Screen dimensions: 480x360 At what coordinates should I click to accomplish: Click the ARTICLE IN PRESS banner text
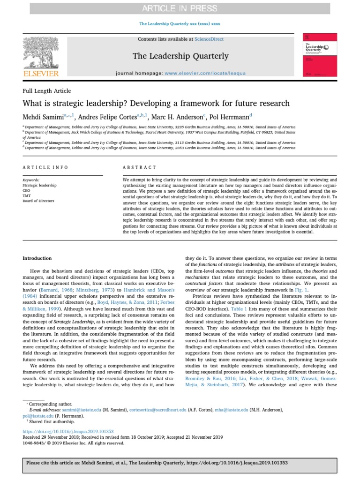pyautogui.click(x=180, y=8)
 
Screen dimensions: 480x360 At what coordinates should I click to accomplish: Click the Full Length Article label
pyautogui.click(x=47, y=91)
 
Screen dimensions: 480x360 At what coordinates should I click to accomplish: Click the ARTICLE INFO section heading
pyautogui.click(x=45, y=167)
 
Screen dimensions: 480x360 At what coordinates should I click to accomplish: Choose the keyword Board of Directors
pyautogui.click(x=38, y=201)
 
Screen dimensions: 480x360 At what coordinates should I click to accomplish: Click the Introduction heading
pyautogui.click(x=37, y=258)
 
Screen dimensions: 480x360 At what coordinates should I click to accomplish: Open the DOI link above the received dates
pyautogui.click(x=68, y=431)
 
